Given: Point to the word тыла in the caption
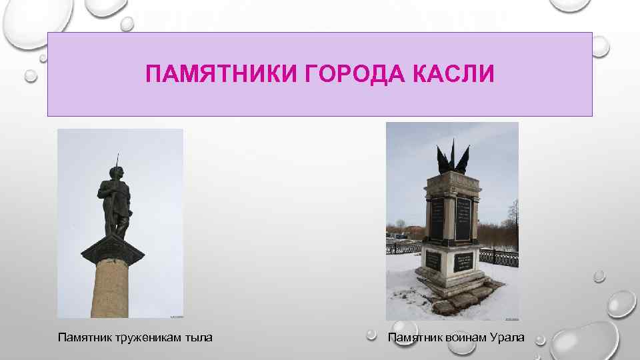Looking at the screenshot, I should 199,338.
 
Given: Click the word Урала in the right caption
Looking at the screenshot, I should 507,338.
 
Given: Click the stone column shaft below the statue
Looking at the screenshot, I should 113,287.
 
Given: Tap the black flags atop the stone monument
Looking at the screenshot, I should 453,157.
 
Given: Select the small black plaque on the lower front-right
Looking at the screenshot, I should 463,262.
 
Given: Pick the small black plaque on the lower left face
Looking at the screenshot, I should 433,262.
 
